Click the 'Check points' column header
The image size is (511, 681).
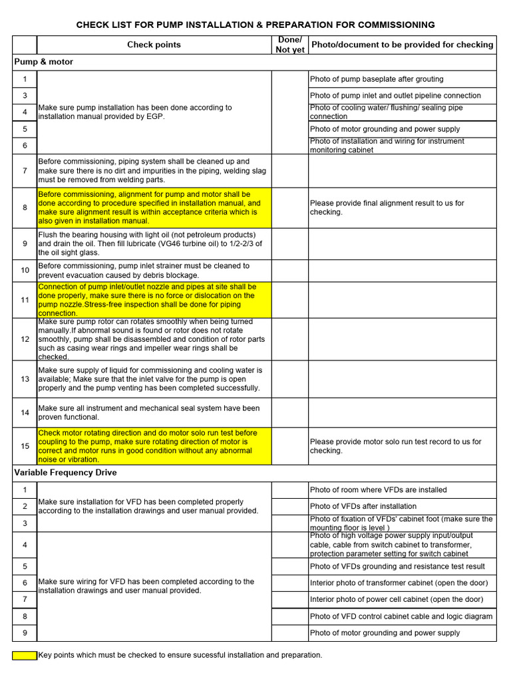tap(154, 45)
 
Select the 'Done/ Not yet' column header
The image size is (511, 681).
tap(289, 45)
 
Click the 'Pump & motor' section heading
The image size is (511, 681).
tap(44, 62)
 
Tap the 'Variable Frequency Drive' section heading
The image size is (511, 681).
tap(65, 472)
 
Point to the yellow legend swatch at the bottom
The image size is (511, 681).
tap(25, 655)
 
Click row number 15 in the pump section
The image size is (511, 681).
tap(25, 446)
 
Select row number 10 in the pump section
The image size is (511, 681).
tap(25, 270)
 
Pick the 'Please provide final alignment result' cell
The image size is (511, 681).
tap(387, 207)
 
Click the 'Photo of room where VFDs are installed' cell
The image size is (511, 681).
tap(378, 489)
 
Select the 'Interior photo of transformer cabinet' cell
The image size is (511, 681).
tap(399, 583)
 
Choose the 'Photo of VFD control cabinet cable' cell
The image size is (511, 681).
tap(401, 616)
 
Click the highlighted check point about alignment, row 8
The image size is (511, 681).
tap(154, 207)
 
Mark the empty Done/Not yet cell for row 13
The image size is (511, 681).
tap(289, 379)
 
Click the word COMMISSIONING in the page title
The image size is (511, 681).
tap(396, 25)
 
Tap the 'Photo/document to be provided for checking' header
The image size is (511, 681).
tap(402, 45)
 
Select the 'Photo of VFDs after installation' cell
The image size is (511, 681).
tap(363, 506)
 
